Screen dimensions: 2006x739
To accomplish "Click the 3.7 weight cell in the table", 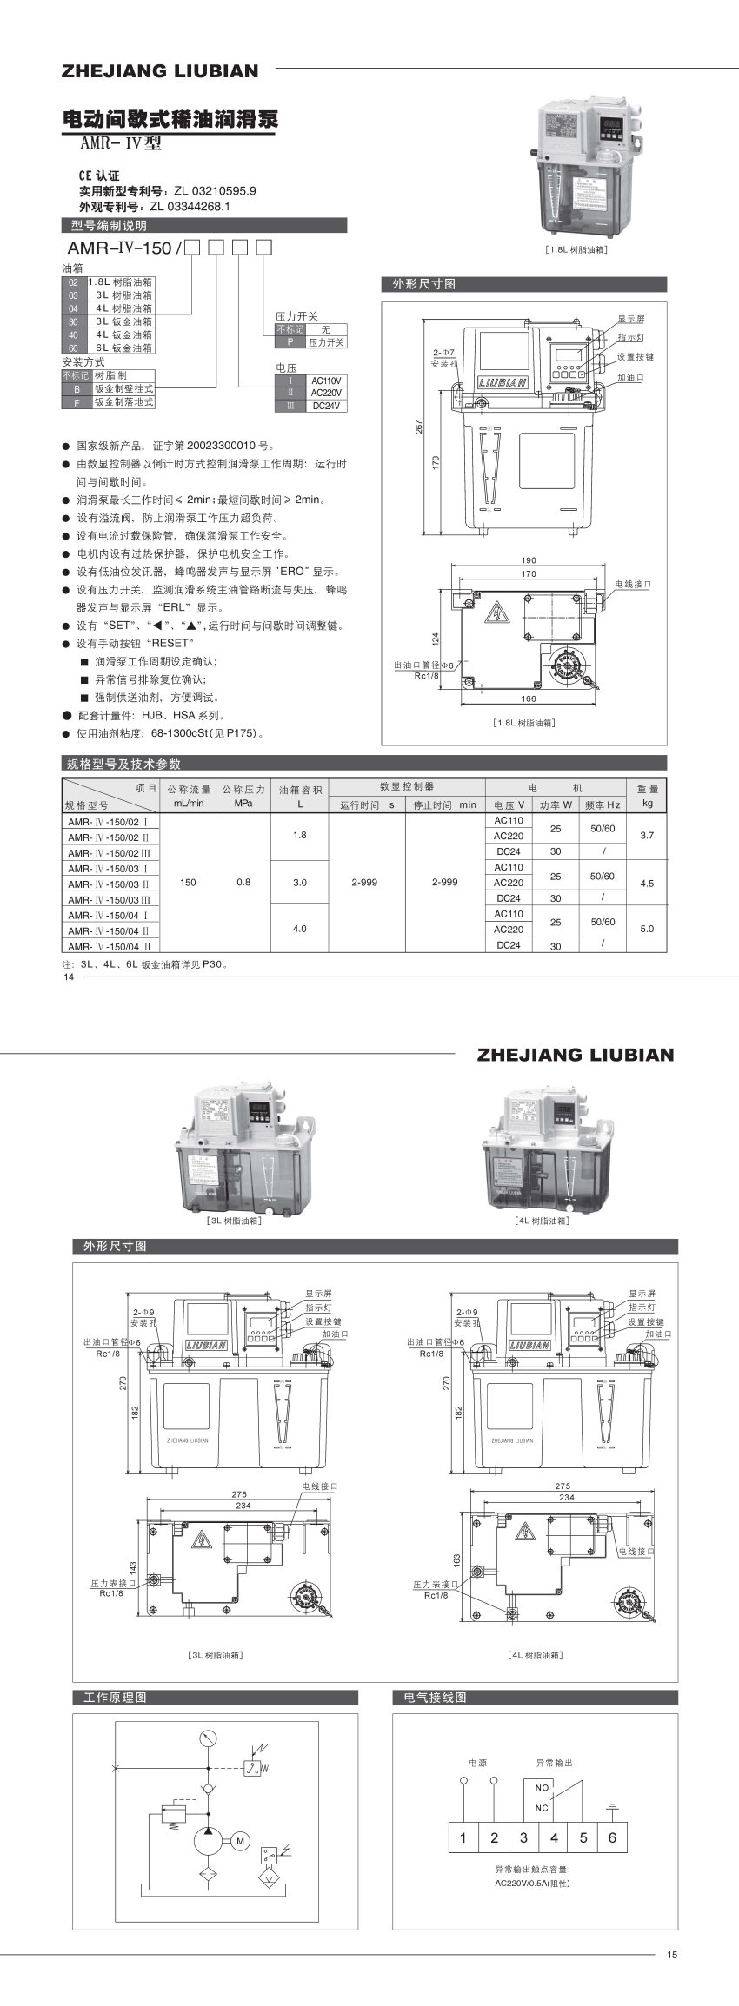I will pos(647,835).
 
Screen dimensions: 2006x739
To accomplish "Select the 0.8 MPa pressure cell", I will pos(243,882).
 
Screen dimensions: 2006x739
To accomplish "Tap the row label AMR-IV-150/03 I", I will pos(109,869).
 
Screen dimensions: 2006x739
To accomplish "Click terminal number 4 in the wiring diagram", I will pos(554,1837).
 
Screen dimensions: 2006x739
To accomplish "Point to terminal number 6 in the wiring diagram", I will pos(612,1837).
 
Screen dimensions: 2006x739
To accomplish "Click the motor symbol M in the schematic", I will pos(241,1841).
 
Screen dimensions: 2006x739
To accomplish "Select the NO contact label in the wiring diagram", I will pos(542,1787).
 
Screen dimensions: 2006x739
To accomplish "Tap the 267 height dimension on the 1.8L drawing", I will pos(419,427).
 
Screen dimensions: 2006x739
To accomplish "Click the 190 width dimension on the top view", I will pos(529,560).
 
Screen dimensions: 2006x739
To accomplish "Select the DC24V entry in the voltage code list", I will pos(326,406).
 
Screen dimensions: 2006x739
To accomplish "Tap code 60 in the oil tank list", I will pos(73,348).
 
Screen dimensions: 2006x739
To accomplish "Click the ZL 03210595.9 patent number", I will pos(215,191).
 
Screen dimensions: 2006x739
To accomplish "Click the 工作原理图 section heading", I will pos(115,1697).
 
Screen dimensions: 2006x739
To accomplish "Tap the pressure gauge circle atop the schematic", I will pos(207,1738).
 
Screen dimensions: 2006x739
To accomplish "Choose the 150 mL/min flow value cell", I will pos(188,882).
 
